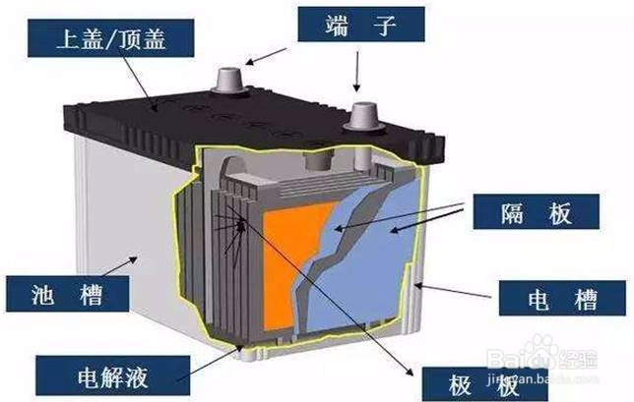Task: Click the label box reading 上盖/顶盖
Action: click(x=111, y=38)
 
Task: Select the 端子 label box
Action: click(x=361, y=25)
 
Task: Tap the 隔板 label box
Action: click(x=537, y=212)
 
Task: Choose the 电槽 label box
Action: click(x=562, y=298)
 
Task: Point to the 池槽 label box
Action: click(x=68, y=294)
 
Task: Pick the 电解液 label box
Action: click(x=113, y=375)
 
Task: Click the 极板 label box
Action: click(x=484, y=384)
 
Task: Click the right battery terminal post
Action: click(x=363, y=117)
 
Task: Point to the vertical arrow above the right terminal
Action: click(x=356, y=71)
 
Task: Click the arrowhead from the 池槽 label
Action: click(x=134, y=259)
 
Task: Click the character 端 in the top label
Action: click(x=338, y=25)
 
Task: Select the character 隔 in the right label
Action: click(x=513, y=212)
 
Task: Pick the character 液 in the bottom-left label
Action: click(x=137, y=376)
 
